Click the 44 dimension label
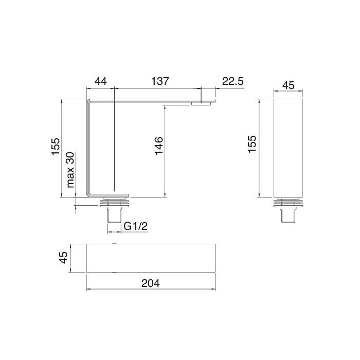pos(100,81)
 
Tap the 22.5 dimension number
pos(232,81)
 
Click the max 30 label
pos(71,172)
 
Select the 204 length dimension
pos(150,282)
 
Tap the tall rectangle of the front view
pos(289,148)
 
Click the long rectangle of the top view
pos(150,257)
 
